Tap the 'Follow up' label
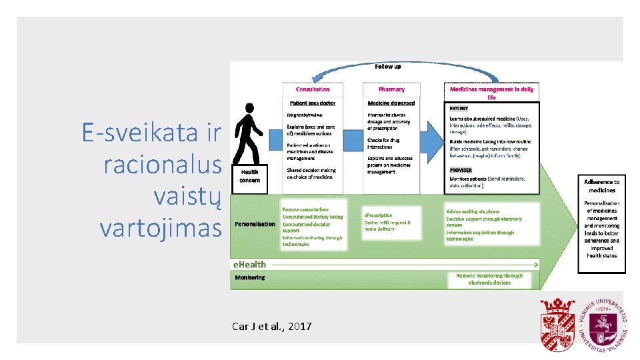pos(387,67)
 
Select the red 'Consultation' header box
pos(313,89)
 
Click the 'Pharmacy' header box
pos(391,89)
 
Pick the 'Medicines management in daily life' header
pos(491,93)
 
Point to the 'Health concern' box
pos(250,177)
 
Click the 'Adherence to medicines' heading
pos(601,186)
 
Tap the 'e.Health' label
pos(250,265)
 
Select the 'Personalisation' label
pos(255,224)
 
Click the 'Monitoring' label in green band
pos(250,277)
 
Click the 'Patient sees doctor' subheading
pos(313,103)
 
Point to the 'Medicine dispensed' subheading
pos(391,103)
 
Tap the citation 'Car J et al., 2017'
pos(271,327)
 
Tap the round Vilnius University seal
pos(602,324)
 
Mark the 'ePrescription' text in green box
pos(378,215)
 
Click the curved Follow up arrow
pos(387,75)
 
